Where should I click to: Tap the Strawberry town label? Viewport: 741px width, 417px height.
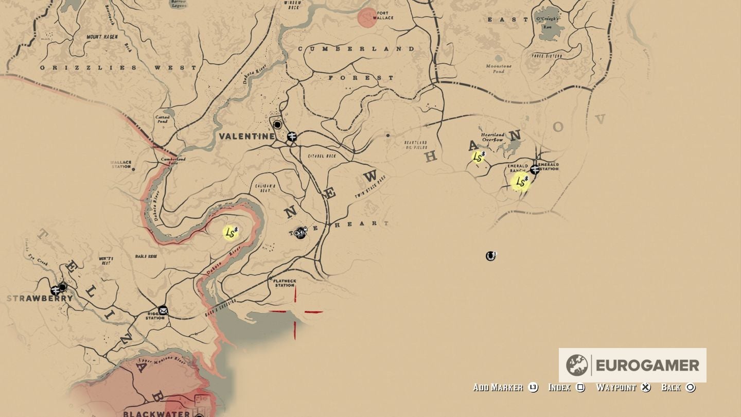tap(40, 299)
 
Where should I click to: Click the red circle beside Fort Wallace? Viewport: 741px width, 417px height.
tap(367, 17)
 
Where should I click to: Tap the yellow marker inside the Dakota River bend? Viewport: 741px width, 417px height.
tap(231, 233)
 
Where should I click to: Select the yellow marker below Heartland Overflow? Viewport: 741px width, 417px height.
tap(478, 157)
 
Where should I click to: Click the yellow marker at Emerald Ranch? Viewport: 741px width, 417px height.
tap(521, 182)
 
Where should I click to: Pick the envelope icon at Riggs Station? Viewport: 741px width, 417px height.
tap(163, 310)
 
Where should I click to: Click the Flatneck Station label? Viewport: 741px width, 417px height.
tap(284, 283)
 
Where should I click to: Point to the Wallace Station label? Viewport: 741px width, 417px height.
tap(121, 164)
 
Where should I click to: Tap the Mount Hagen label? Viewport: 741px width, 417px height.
tap(102, 37)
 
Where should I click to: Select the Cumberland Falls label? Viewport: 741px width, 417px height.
tap(173, 162)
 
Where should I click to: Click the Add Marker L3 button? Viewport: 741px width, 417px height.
tap(505, 387)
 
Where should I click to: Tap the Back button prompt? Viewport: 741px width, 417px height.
tap(678, 387)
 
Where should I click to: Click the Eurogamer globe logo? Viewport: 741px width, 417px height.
tap(576, 365)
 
